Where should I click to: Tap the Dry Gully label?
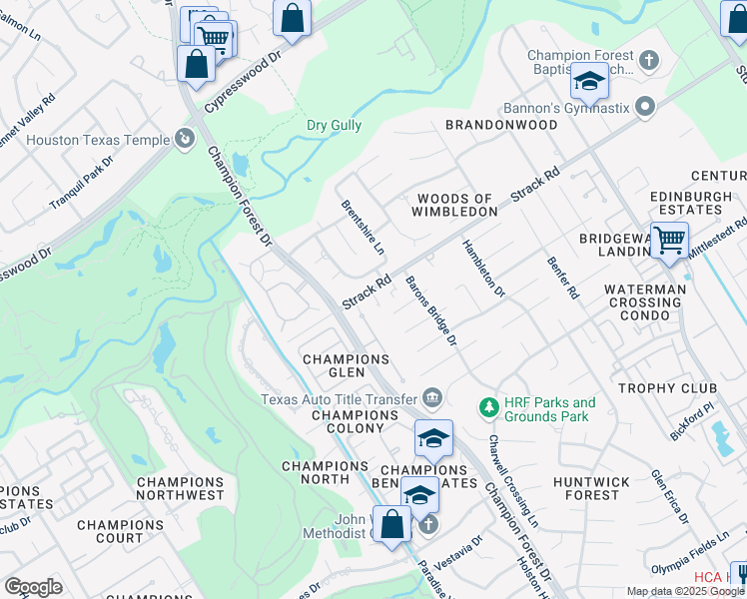(334, 126)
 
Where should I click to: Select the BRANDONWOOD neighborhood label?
(486, 125)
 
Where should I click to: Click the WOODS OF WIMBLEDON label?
(456, 205)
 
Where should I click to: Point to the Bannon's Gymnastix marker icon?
(645, 106)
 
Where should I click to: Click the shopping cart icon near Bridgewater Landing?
(668, 240)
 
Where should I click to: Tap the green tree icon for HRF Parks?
(489, 408)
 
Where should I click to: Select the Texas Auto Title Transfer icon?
(432, 397)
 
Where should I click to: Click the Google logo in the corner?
(33, 587)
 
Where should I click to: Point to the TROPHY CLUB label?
(667, 387)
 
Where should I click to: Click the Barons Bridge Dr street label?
(430, 311)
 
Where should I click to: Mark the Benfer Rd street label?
(563, 279)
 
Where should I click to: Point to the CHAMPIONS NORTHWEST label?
(181, 488)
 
